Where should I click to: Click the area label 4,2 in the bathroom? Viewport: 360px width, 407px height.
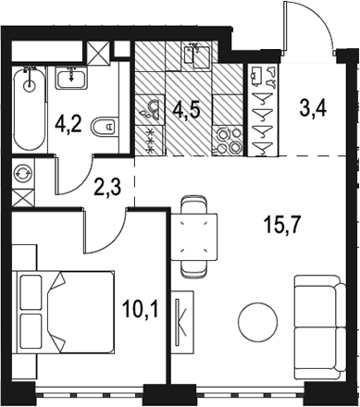coord(68,125)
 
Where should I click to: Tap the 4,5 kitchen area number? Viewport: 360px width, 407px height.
coord(186,110)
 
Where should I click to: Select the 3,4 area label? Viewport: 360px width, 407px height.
coord(313,108)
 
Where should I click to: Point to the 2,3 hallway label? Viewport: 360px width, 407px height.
coord(107,187)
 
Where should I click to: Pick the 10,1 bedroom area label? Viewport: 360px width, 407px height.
coord(141,309)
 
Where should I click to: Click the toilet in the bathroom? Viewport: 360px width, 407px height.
coord(106,127)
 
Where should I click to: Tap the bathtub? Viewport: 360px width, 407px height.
coord(30,108)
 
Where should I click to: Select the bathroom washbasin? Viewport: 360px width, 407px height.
coord(71,78)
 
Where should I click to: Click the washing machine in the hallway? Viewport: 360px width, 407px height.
coord(23,173)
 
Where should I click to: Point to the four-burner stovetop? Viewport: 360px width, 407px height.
coord(229,141)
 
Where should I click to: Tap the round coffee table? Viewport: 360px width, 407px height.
coord(257,322)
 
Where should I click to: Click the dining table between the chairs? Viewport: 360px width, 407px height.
coord(193,237)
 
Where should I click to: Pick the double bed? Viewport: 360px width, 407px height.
coord(64,312)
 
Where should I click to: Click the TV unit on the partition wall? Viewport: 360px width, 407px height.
coord(182,322)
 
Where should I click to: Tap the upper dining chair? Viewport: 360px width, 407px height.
coord(193,204)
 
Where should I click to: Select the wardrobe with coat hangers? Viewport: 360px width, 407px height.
coord(263,110)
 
